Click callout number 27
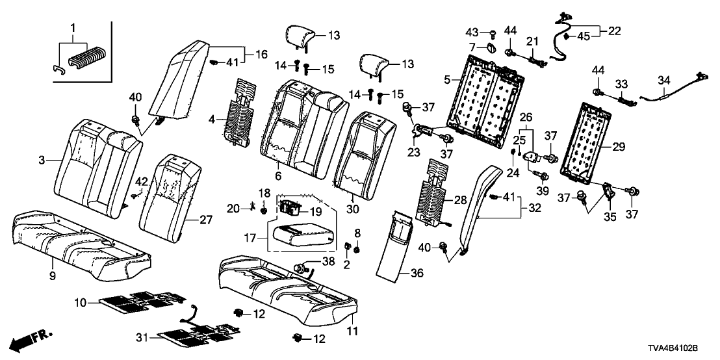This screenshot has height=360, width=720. tap(205, 220)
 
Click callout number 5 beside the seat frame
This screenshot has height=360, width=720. tap(447, 80)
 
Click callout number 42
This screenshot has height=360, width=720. tap(142, 181)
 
